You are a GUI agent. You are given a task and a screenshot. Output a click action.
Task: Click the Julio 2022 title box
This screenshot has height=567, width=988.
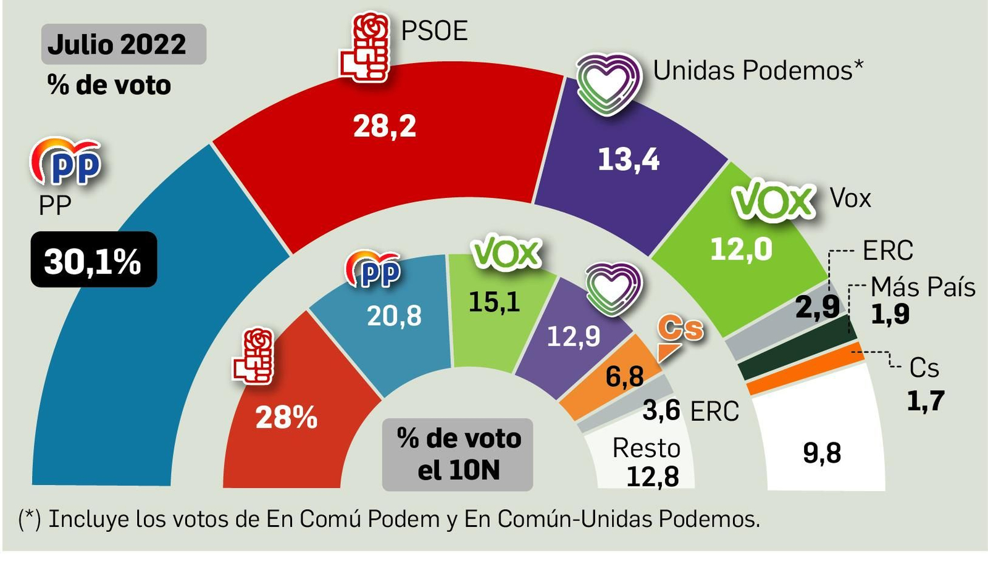[123, 44]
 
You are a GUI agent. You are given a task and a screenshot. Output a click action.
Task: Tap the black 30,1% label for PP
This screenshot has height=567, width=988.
[93, 260]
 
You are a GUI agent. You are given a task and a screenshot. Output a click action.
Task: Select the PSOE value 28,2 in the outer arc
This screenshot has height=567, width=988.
[384, 126]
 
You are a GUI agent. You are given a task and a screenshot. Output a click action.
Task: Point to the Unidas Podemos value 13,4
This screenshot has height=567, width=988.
[628, 160]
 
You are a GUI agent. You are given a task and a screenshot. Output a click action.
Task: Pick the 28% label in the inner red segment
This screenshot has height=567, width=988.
[286, 418]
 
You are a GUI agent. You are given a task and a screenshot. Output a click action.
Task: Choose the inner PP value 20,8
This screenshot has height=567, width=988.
[394, 316]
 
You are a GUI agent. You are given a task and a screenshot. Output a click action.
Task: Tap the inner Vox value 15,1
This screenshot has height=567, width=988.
[494, 302]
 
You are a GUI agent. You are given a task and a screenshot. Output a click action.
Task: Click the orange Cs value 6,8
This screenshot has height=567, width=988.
[624, 376]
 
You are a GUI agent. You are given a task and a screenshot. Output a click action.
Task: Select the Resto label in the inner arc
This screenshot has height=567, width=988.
[646, 449]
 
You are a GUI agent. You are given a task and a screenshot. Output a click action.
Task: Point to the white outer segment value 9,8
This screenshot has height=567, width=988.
[821, 453]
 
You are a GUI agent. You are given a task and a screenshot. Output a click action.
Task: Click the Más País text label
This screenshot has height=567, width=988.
[923, 288]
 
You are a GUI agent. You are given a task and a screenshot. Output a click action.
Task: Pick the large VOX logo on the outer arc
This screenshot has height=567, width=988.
[773, 201]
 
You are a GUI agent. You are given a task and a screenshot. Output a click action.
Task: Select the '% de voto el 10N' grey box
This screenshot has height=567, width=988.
[458, 454]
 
